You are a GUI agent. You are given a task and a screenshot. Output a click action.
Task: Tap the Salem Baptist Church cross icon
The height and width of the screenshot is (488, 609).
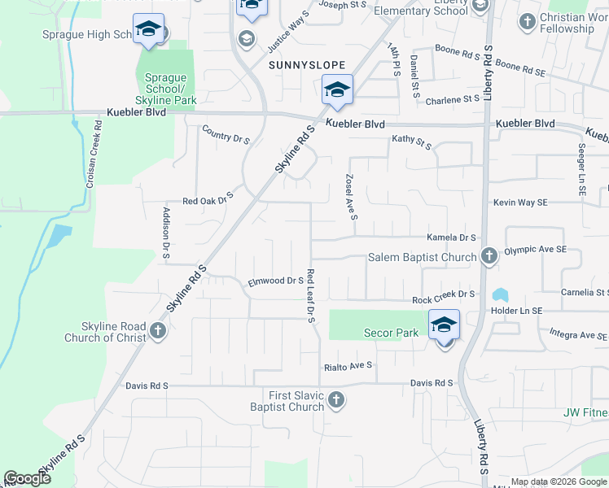click(x=489, y=257)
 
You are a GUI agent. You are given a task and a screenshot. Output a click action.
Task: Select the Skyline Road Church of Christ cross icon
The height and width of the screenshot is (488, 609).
click(x=158, y=331)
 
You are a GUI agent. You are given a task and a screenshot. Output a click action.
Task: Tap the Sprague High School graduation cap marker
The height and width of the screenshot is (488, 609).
click(x=148, y=30)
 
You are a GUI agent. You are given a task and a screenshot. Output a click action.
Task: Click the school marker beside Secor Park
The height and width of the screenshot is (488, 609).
click(x=444, y=325)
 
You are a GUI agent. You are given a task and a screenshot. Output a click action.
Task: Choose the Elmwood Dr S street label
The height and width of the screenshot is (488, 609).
click(x=276, y=281)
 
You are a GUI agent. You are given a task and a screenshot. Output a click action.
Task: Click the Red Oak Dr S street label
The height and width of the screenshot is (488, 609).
click(x=208, y=198)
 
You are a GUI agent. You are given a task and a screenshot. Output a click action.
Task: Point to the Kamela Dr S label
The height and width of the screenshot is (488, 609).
click(x=451, y=237)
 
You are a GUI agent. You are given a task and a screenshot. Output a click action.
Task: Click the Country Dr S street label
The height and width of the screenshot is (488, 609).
click(x=225, y=134)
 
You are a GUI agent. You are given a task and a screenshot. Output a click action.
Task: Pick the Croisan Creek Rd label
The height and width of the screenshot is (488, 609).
click(x=94, y=155)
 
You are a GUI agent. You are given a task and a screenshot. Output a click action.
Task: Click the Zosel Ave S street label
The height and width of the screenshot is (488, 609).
click(x=352, y=196)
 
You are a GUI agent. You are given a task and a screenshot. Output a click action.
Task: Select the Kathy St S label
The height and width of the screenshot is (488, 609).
click(x=411, y=142)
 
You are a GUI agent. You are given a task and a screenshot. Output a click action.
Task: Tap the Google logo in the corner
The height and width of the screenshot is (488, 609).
click(x=27, y=479)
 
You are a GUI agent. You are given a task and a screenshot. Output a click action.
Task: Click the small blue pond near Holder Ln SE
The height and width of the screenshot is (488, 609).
click(x=499, y=294)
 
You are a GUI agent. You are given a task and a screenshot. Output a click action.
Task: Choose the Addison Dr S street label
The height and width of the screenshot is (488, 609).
click(x=166, y=233)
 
